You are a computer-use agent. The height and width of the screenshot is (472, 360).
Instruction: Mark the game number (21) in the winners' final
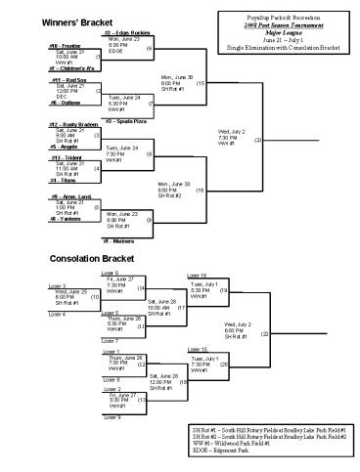[257, 141]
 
